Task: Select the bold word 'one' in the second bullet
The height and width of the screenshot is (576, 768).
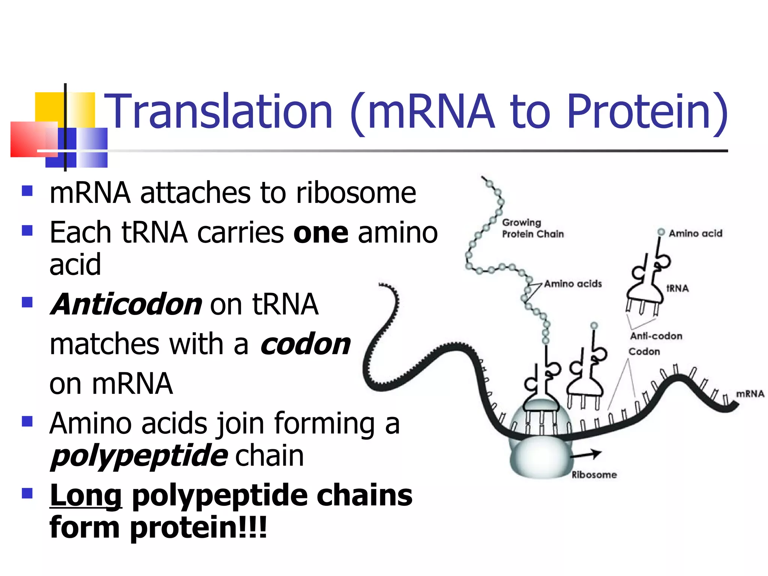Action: click(321, 233)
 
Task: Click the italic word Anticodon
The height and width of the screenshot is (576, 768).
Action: click(127, 304)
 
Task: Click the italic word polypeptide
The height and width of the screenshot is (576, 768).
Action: click(139, 456)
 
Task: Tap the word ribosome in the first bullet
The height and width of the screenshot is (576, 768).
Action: click(356, 193)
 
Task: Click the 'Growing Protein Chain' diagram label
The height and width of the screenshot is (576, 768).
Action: click(532, 228)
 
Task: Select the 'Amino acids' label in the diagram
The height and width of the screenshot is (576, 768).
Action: click(573, 284)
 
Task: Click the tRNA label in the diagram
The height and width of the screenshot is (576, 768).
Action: click(677, 288)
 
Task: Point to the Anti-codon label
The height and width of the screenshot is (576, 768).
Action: click(656, 336)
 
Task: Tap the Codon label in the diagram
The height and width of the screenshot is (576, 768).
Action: click(644, 352)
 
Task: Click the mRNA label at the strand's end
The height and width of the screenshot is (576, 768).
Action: click(750, 394)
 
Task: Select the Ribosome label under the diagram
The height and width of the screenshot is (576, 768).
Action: click(594, 475)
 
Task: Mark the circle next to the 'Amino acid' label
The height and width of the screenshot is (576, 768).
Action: click(661, 232)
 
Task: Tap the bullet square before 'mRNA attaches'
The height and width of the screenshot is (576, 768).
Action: click(27, 191)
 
